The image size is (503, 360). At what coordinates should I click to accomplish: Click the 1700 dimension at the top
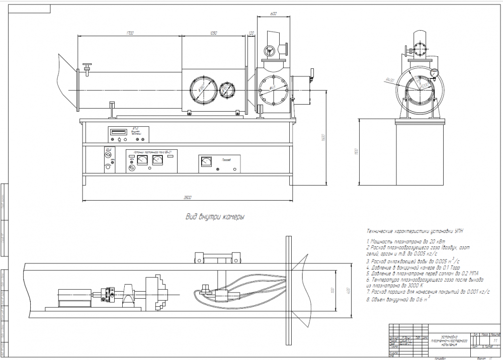click(x=130, y=34)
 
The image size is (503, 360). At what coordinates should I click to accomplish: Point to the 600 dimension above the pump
click(x=273, y=14)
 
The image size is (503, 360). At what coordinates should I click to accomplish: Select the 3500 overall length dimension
click(x=188, y=197)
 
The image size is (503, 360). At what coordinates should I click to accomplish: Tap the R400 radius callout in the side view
click(x=388, y=80)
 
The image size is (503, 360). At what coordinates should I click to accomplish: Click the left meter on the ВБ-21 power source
click(x=142, y=160)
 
